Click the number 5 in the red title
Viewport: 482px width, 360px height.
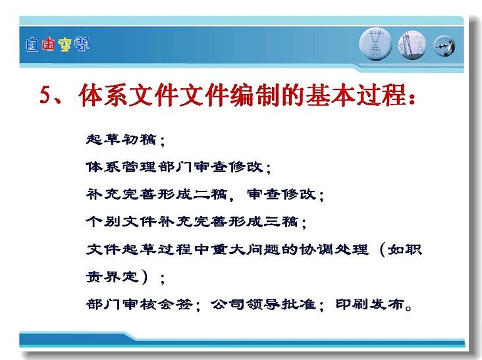[45, 95]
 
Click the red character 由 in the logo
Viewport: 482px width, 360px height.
[48, 45]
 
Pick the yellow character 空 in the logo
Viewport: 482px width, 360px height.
[65, 45]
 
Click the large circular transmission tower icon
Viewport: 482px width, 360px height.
[375, 44]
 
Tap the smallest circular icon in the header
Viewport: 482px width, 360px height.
[444, 46]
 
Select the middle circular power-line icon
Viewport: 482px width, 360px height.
[412, 45]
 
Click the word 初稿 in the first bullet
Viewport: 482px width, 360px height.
[139, 140]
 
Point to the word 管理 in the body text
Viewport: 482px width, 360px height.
[139, 167]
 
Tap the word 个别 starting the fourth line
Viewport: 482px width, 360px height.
[103, 222]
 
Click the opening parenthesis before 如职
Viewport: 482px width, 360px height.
[383, 249]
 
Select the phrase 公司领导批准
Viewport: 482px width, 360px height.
[264, 305]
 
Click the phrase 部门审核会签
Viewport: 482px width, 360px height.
[139, 305]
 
